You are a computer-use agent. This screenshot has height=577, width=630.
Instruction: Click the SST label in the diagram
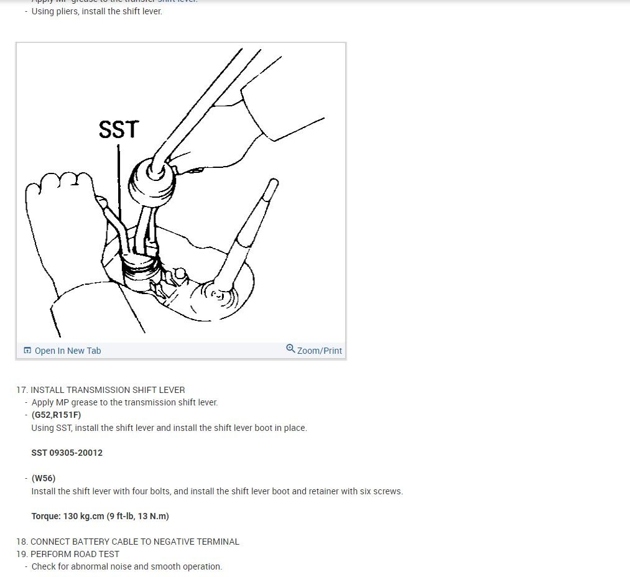(x=119, y=129)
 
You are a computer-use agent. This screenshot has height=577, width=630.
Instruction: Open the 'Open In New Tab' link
(x=67, y=351)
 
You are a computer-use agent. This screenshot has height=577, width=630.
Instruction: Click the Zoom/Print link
(x=319, y=351)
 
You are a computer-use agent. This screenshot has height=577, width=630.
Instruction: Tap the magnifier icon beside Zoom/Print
(x=290, y=349)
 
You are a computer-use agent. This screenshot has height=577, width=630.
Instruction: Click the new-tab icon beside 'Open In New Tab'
(x=27, y=351)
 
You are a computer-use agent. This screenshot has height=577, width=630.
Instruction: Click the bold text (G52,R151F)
(x=56, y=415)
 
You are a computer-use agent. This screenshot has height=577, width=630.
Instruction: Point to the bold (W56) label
(x=44, y=478)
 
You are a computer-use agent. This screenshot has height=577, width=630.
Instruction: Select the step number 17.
(x=22, y=390)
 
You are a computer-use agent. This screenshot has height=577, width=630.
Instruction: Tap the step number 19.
(x=22, y=554)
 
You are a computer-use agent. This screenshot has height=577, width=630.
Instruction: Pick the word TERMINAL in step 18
(x=218, y=542)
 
